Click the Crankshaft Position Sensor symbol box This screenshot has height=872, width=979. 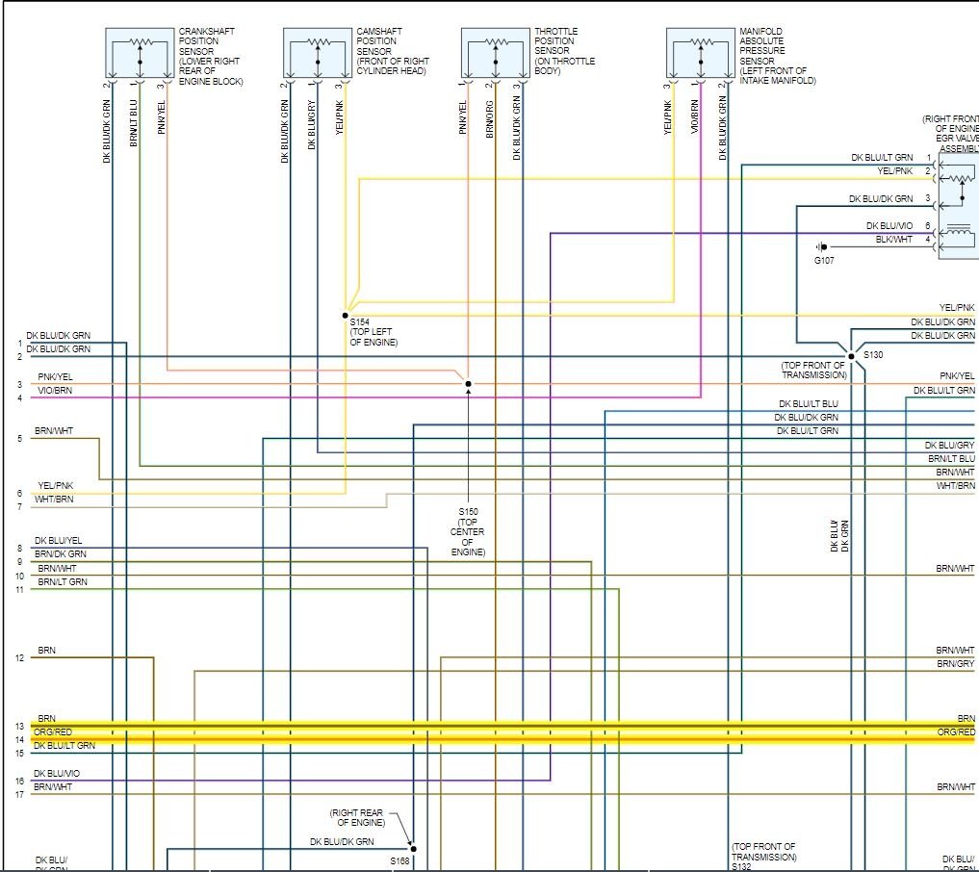click(x=140, y=53)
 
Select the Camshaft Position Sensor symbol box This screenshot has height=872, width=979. click(x=318, y=53)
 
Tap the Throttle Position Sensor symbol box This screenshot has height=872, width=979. click(x=496, y=53)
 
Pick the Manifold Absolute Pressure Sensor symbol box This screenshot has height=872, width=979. click(x=701, y=53)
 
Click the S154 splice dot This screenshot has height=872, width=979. click(x=345, y=315)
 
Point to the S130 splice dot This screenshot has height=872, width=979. click(x=851, y=356)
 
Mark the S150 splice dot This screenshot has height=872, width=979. click(x=469, y=384)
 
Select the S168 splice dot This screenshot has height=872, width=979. click(x=414, y=849)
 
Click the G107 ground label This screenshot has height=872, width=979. click(x=824, y=260)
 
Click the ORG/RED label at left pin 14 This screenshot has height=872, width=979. click(x=53, y=732)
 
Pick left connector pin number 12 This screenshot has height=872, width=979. click(x=19, y=658)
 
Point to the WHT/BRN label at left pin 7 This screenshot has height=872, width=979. click(x=53, y=500)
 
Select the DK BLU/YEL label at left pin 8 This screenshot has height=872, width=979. click(x=58, y=541)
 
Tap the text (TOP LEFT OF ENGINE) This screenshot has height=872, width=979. click(x=374, y=337)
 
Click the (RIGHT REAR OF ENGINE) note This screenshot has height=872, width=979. click(x=356, y=818)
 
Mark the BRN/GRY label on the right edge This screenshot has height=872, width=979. click(x=955, y=664)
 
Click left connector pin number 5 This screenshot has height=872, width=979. click(x=19, y=439)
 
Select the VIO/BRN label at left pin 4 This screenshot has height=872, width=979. click(x=56, y=391)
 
